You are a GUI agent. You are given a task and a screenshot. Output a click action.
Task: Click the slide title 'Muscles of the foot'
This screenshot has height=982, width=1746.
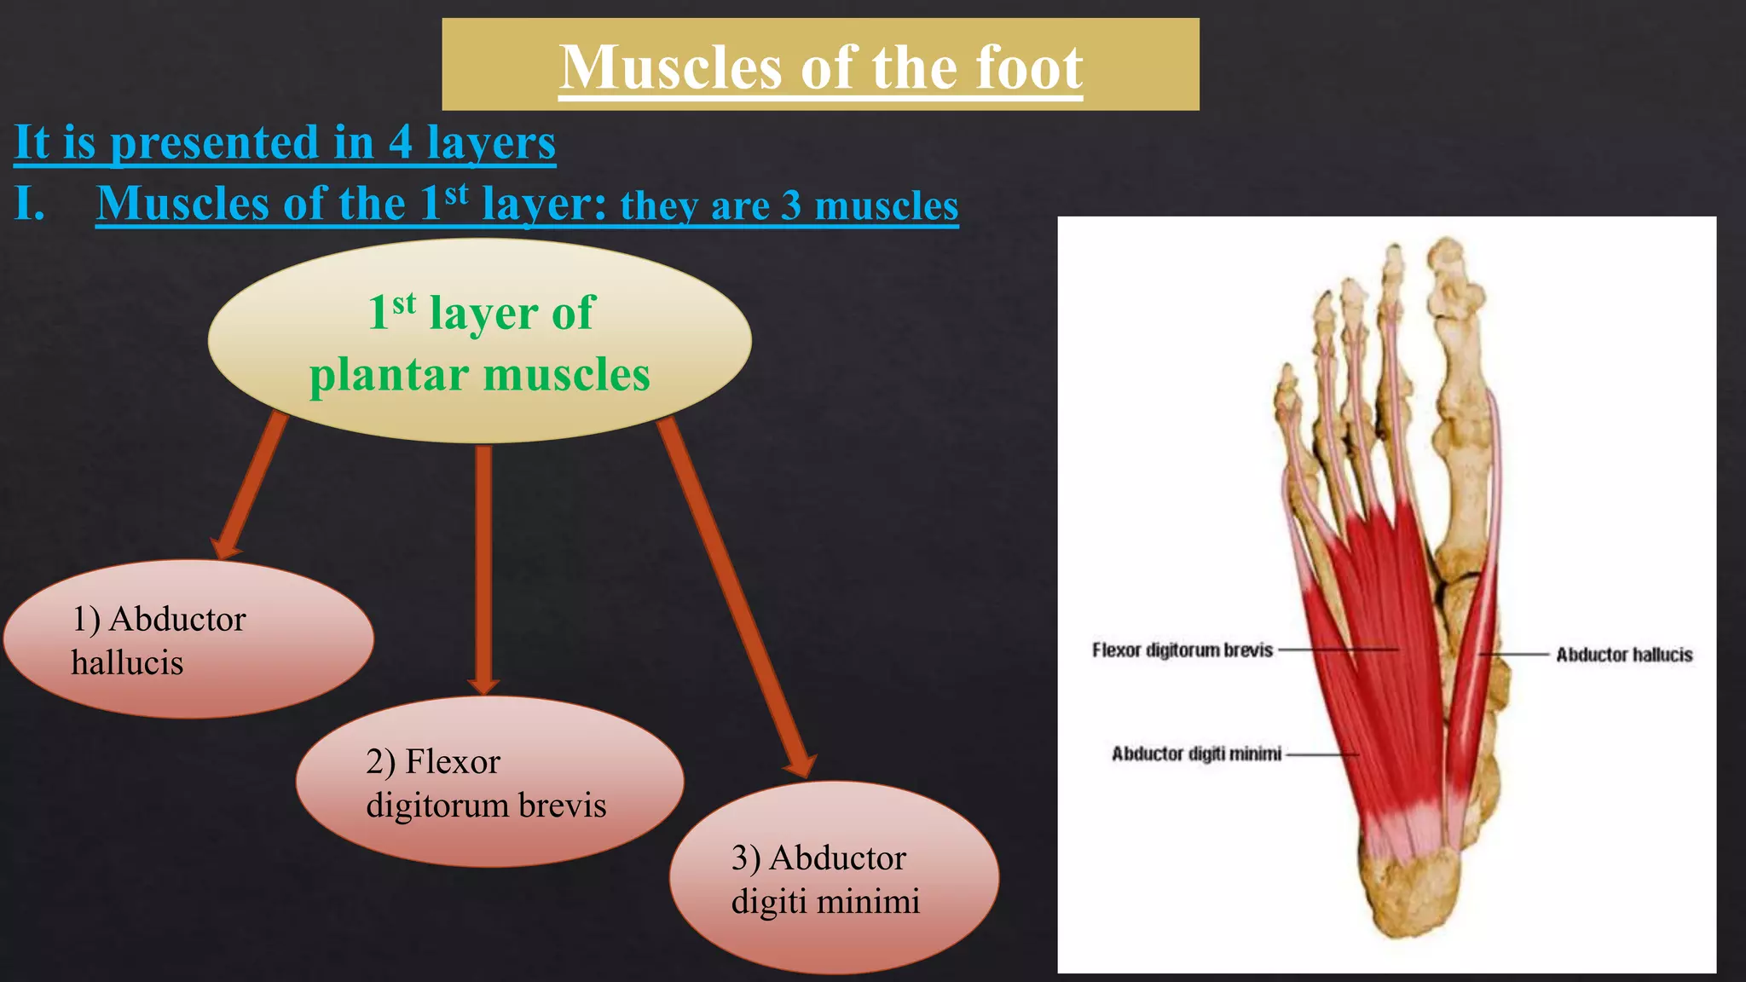820,66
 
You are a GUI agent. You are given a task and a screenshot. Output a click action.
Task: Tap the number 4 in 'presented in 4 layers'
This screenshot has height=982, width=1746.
401,142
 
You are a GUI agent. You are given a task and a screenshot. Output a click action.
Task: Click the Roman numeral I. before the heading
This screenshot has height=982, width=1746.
30,205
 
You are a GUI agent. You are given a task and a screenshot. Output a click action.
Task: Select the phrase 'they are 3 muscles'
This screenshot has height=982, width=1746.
789,206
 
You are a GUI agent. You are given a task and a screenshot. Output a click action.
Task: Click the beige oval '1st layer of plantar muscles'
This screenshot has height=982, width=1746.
479,341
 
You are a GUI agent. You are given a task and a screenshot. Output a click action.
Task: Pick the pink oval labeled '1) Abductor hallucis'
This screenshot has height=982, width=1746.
188,639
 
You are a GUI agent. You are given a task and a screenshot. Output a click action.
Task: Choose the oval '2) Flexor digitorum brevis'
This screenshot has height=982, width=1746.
489,783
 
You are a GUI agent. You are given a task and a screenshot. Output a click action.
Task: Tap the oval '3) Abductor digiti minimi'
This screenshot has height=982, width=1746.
833,878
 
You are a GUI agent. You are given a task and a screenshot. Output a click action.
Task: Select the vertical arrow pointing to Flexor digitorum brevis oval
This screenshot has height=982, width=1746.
483,567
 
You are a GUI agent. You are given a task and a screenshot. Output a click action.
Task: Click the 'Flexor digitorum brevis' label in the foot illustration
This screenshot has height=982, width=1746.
1182,650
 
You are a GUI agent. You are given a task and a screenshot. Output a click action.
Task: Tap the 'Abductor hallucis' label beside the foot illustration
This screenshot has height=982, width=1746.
1623,655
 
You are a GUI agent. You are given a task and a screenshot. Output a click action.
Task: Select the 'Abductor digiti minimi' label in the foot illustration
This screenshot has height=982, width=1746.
1195,754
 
